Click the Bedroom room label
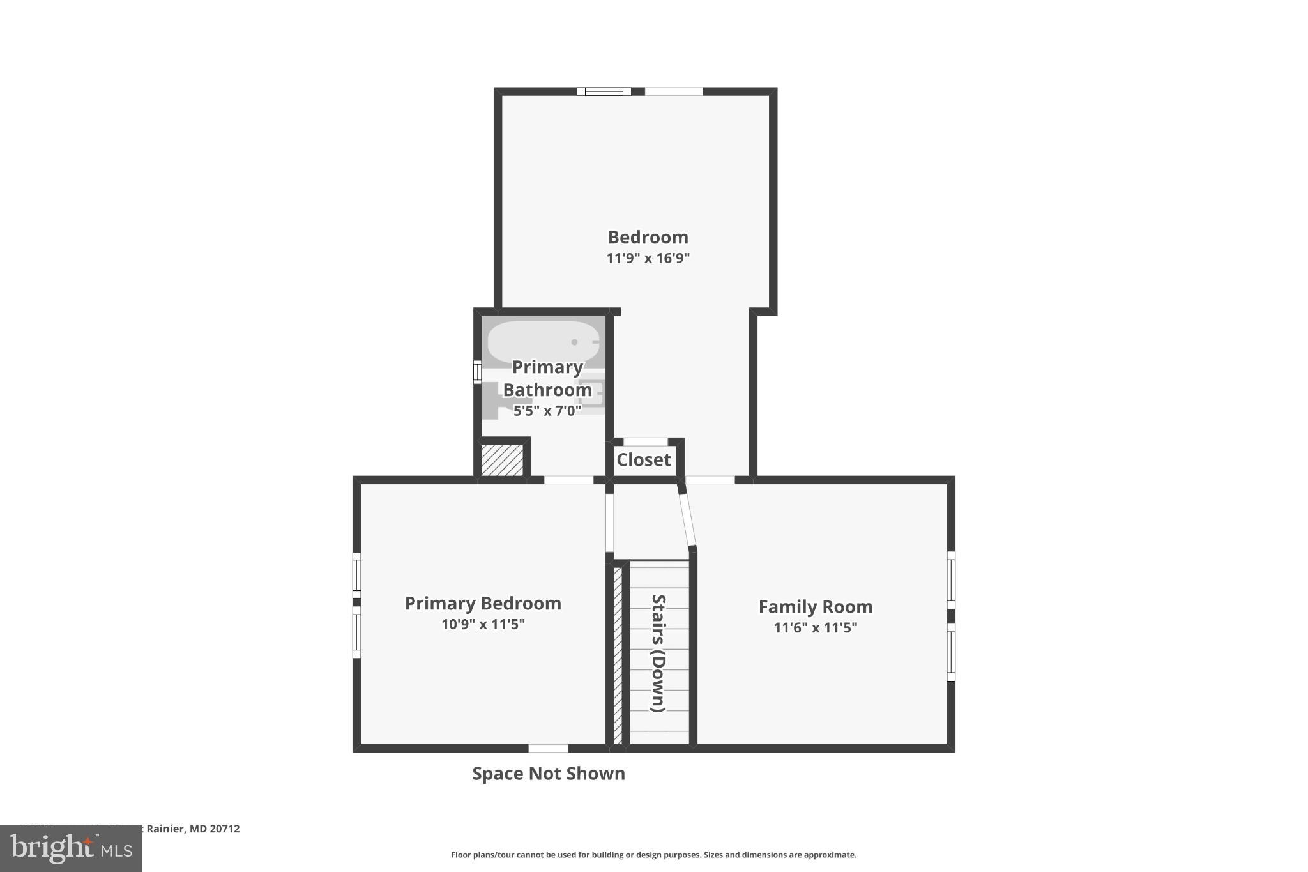click(x=648, y=238)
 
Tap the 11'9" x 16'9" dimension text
click(x=648, y=259)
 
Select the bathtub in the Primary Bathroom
click(x=544, y=342)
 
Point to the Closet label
click(x=643, y=460)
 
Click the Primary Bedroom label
click(x=483, y=604)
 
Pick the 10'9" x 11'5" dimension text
click(x=483, y=625)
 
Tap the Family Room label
click(x=815, y=607)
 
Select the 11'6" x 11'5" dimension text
click(x=815, y=628)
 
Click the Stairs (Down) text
click(x=658, y=653)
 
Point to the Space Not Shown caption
click(x=548, y=774)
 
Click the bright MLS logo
click(x=71, y=848)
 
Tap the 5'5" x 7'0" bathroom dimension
click(x=547, y=411)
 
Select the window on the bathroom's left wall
click(x=476, y=372)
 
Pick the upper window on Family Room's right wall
click(x=950, y=579)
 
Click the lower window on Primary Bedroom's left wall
click(x=357, y=632)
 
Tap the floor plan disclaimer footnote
click(x=653, y=855)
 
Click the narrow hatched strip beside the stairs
click(x=618, y=655)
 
